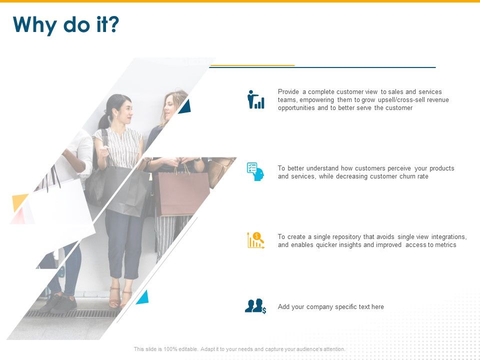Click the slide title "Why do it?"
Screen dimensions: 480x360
(x=66, y=24)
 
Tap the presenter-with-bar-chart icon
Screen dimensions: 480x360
(x=256, y=99)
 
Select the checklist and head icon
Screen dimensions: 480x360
(x=255, y=171)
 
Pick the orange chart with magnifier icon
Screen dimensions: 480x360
(x=255, y=240)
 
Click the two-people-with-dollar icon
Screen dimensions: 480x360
(x=255, y=306)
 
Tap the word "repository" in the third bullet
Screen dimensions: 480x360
(x=346, y=237)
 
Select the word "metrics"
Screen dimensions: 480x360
(x=445, y=245)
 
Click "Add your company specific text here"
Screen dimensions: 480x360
(x=330, y=306)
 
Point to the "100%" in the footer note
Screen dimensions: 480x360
(x=170, y=349)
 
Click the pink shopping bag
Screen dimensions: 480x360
(x=182, y=193)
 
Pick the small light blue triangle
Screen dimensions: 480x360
(x=143, y=297)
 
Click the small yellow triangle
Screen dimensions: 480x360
(x=19, y=201)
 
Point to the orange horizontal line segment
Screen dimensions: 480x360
(x=252, y=65)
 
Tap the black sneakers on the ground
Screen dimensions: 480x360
(x=59, y=303)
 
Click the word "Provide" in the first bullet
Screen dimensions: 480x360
(x=288, y=92)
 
